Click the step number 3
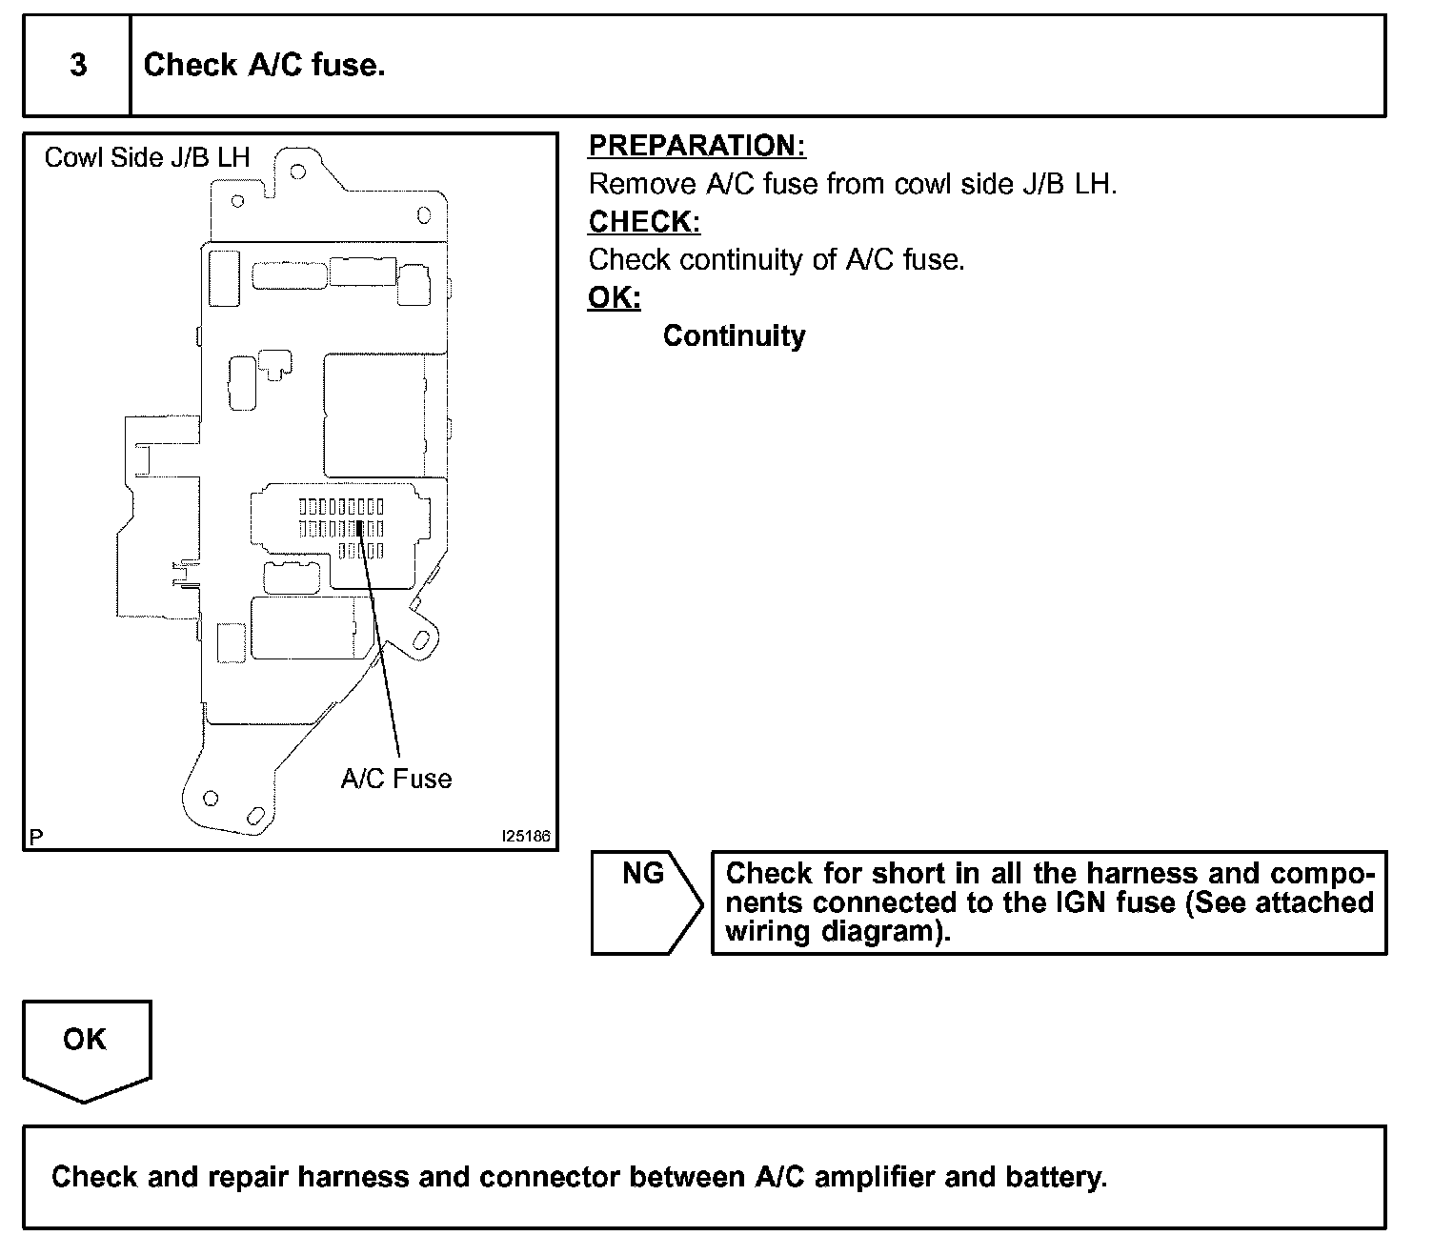click(x=78, y=65)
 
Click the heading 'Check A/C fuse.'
click(x=264, y=65)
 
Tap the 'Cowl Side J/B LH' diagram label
click(x=147, y=157)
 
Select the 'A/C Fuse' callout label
click(x=396, y=779)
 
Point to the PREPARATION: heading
click(x=696, y=146)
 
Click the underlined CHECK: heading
click(x=644, y=221)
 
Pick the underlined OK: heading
click(x=614, y=297)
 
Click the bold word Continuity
click(x=734, y=335)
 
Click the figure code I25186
click(x=526, y=836)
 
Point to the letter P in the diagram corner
click(x=36, y=838)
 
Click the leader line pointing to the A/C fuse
click(x=381, y=648)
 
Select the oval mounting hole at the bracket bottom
click(x=254, y=817)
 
